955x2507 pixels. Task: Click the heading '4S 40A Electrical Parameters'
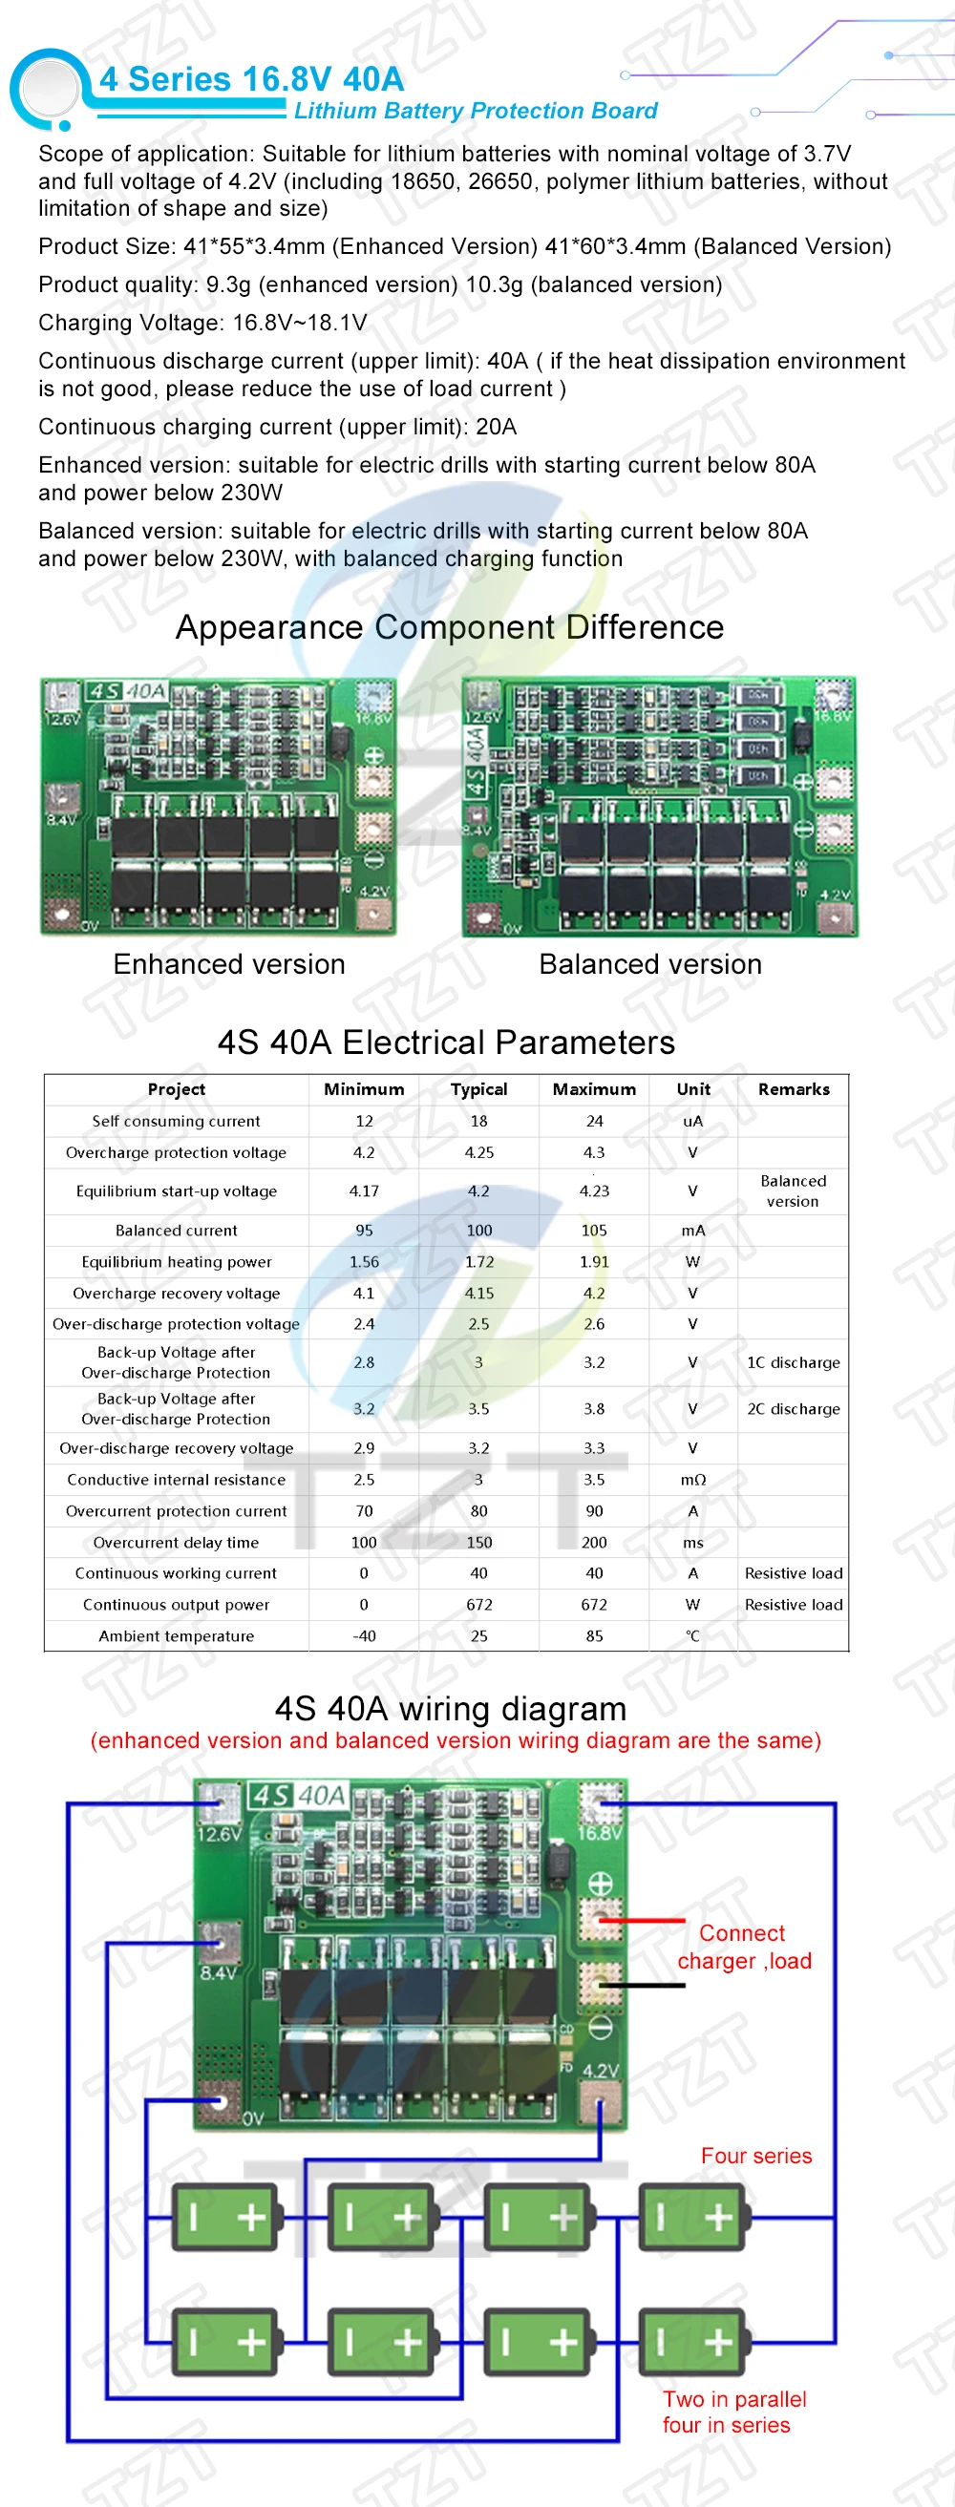point(446,1043)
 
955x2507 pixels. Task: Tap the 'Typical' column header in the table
point(479,1089)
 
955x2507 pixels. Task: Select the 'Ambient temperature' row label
point(177,1636)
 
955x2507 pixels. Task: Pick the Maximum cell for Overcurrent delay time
point(594,1543)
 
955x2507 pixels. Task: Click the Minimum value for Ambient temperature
point(364,1636)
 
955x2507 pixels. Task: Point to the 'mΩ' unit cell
point(693,1480)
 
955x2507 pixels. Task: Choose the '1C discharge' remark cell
point(794,1362)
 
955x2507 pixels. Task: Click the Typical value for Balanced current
point(479,1231)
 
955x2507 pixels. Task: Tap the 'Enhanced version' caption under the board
point(229,964)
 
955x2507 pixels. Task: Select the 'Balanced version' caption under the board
point(650,964)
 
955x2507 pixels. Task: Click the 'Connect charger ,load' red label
point(744,1948)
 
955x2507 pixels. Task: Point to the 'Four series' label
point(756,2156)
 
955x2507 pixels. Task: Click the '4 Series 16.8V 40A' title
point(251,79)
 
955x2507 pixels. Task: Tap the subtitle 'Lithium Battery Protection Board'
point(475,111)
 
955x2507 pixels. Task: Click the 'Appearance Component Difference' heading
point(450,628)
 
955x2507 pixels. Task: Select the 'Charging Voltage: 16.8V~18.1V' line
point(202,323)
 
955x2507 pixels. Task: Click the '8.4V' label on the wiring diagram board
point(218,1972)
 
